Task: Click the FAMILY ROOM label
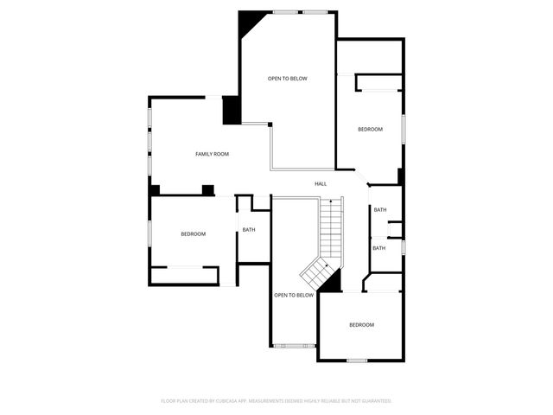212,154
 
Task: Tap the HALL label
321,183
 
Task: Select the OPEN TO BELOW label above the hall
287,79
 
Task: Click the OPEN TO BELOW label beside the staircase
294,295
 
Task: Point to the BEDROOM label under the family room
194,234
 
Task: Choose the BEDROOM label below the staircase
361,324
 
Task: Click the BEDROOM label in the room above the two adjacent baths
371,129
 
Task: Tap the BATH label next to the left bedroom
249,229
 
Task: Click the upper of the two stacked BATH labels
380,209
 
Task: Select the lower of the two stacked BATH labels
379,248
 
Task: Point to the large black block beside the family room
232,111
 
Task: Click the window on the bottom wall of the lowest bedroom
357,360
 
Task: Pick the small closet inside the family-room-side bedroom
184,275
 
